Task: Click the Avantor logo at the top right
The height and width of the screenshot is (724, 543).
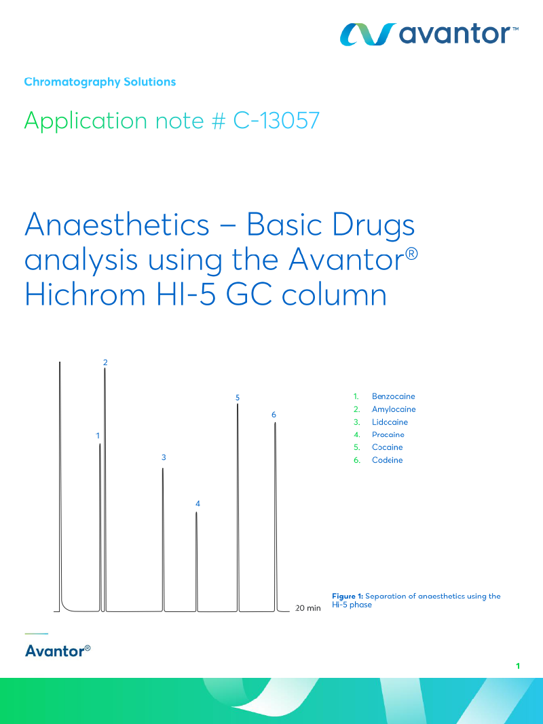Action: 429,34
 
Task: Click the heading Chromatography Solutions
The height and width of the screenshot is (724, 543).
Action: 100,81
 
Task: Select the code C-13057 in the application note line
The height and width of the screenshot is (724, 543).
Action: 276,121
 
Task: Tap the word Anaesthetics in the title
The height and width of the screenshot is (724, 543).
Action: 117,225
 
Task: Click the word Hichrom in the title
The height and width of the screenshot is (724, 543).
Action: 85,294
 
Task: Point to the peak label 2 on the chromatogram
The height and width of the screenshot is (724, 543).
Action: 105,362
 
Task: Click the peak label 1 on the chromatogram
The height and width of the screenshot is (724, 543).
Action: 98,436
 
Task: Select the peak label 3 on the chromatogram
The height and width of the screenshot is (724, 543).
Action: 164,457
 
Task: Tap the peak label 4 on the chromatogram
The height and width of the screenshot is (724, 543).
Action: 198,503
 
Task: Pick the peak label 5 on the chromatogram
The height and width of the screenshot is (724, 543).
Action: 238,398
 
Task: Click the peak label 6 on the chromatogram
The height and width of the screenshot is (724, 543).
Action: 274,415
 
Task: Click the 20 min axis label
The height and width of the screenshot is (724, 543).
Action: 308,608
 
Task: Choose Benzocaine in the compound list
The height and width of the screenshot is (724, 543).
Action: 394,396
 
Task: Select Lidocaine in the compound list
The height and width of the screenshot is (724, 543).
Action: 390,422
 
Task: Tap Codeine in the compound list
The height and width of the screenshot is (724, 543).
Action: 387,460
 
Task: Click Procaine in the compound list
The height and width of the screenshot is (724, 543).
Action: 388,434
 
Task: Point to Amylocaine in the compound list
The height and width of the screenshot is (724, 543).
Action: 394,409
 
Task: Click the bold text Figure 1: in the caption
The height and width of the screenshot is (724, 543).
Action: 348,596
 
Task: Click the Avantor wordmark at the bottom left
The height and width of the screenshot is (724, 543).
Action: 58,651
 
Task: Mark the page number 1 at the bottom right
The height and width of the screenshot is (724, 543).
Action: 518,666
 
